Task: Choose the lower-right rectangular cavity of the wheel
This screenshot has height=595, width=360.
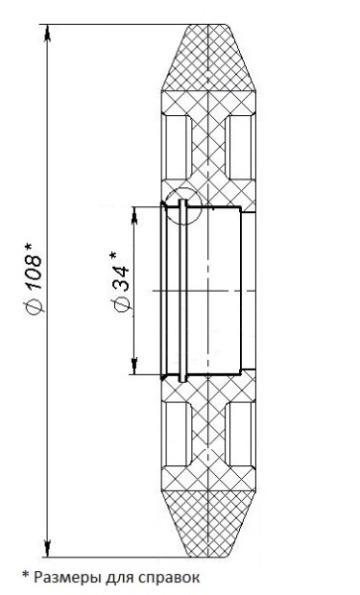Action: [x=240, y=437]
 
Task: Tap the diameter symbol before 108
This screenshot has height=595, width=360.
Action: [x=32, y=313]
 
